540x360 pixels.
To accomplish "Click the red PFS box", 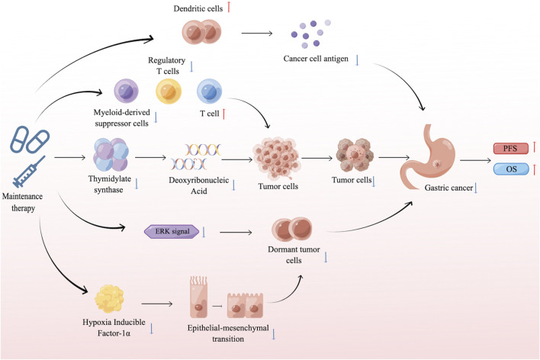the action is click(x=511, y=149).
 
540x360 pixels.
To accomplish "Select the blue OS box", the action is click(x=511, y=169).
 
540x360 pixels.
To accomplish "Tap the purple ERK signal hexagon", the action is click(x=172, y=232).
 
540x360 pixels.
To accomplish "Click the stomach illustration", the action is click(x=428, y=157).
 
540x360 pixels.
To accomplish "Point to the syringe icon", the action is click(x=29, y=171).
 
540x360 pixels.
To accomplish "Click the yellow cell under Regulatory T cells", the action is click(x=169, y=91).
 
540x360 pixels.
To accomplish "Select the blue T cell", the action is click(x=210, y=91).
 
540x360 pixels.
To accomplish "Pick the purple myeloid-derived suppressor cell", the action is click(x=126, y=91).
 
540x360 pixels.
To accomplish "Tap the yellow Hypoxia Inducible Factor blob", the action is click(x=109, y=299).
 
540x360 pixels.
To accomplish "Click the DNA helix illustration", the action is click(x=195, y=157).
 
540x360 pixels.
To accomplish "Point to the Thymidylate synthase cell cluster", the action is click(x=111, y=155).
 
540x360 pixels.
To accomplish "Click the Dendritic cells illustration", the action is click(x=201, y=32).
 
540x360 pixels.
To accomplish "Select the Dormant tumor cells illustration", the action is click(x=292, y=229).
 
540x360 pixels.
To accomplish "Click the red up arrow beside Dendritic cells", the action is click(x=229, y=7).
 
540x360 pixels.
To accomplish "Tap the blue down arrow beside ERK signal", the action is click(x=204, y=232).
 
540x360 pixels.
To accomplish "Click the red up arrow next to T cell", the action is click(x=223, y=114).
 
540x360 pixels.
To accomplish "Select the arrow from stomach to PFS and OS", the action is click(x=475, y=160).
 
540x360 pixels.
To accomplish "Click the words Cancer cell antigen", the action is click(x=316, y=59).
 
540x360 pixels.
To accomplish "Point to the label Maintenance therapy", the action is click(x=23, y=202).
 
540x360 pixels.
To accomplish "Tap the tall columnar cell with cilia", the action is click(x=198, y=297).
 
